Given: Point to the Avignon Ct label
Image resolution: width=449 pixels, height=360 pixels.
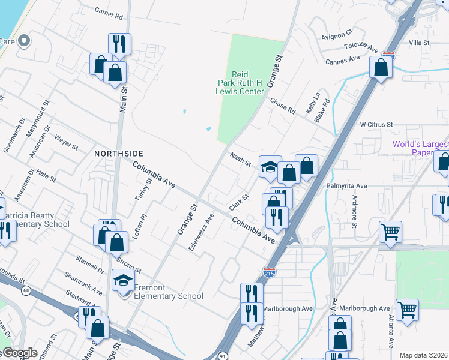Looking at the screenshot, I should pos(337,36).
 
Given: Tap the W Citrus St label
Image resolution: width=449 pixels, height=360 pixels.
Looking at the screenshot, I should pos(376,124).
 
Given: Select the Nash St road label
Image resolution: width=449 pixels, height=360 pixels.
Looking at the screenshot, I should pos(240,159).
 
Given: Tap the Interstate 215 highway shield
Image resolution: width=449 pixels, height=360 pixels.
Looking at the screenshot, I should pos(270,273).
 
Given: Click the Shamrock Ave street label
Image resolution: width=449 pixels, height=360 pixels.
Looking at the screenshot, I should pos(83,283).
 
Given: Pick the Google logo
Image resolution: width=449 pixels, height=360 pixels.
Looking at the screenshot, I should pos(20,353).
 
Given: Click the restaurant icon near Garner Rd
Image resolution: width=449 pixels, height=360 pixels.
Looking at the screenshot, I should pos(119,44).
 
